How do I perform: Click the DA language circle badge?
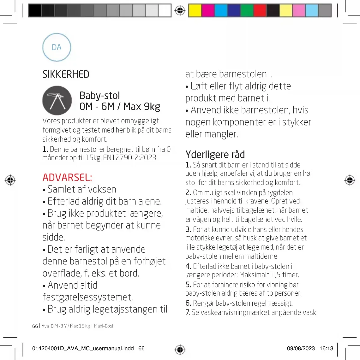[x=57, y=48]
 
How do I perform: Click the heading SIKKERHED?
[x=66, y=74]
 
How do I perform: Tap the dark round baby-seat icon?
[x=57, y=100]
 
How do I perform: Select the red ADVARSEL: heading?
[x=67, y=177]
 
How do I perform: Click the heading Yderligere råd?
[x=215, y=154]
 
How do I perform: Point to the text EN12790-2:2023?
[x=129, y=158]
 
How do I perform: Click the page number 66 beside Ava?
[x=35, y=326]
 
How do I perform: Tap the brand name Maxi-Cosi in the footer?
[x=104, y=326]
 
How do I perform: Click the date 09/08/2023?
[x=301, y=348]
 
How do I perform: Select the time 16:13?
[x=326, y=348]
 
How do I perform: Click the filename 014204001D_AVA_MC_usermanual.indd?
[x=83, y=348]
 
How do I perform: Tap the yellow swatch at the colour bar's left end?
[x=195, y=10]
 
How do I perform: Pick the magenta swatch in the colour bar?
[x=208, y=10]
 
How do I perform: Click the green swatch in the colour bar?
[x=247, y=10]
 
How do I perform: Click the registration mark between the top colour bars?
[x=180, y=10]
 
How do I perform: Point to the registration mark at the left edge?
[x=10, y=180]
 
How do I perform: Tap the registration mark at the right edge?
[x=350, y=180]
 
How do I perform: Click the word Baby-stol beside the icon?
[x=100, y=95]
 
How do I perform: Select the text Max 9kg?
[x=142, y=107]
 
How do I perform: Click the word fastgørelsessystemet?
[x=88, y=297]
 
